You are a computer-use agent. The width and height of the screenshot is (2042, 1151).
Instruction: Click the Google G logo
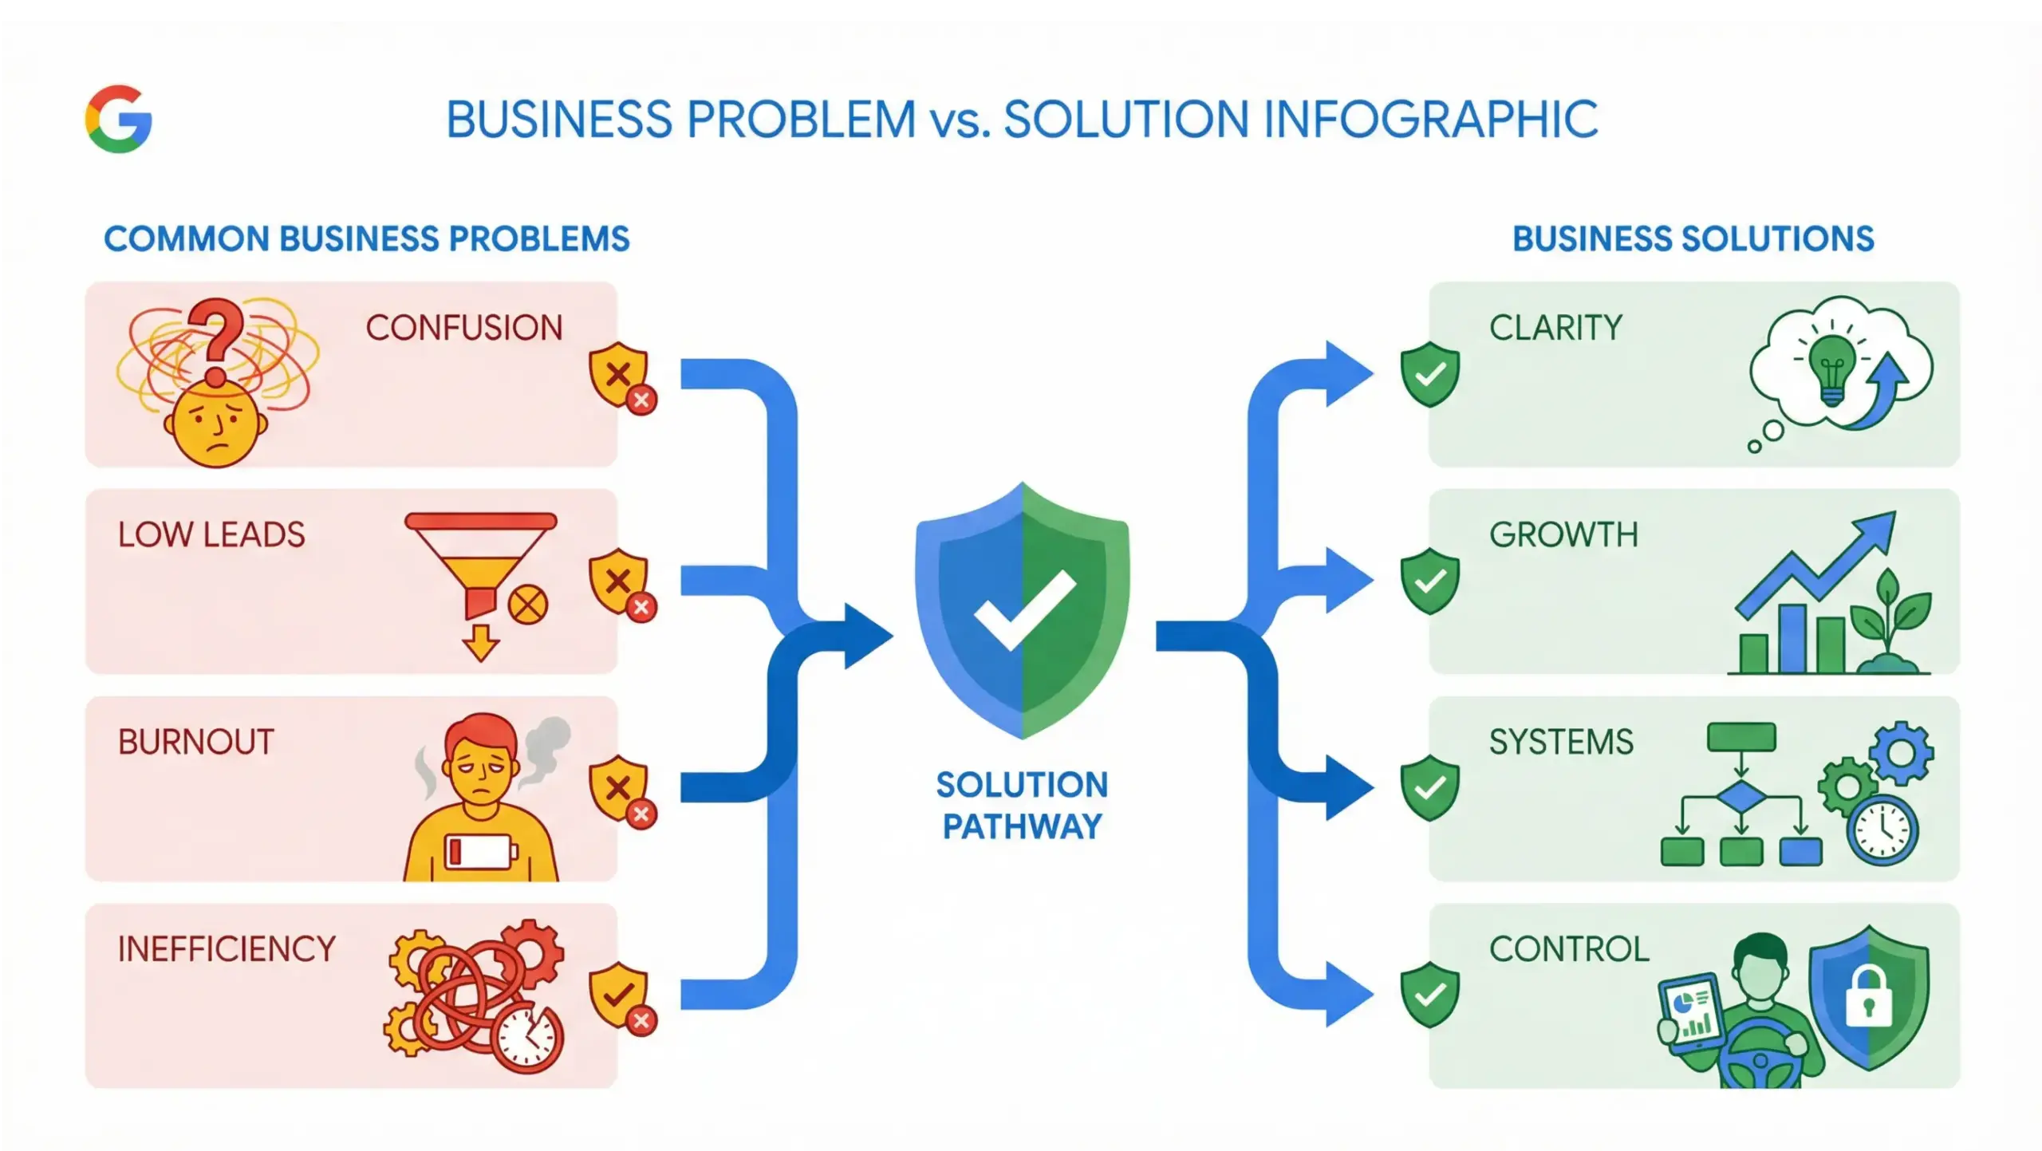[119, 119]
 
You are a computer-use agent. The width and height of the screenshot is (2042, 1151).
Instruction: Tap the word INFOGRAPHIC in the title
[1431, 120]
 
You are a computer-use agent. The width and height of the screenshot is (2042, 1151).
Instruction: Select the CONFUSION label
[464, 328]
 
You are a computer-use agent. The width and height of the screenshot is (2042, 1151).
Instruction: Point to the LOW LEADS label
[211, 534]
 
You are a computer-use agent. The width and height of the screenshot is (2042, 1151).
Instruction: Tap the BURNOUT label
[196, 742]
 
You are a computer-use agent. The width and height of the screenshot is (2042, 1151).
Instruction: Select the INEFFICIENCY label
[227, 949]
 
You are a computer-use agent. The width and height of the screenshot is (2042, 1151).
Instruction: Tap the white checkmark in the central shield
[1024, 610]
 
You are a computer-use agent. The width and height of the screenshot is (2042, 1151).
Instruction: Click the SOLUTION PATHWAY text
[1022, 806]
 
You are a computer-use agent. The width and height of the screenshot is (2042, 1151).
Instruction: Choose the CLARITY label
[1555, 328]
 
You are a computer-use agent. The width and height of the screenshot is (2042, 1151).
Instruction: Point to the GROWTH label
[1563, 534]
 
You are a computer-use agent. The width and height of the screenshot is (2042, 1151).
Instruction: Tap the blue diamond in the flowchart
[1740, 796]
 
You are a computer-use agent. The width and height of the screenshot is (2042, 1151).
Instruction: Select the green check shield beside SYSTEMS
[1429, 787]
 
